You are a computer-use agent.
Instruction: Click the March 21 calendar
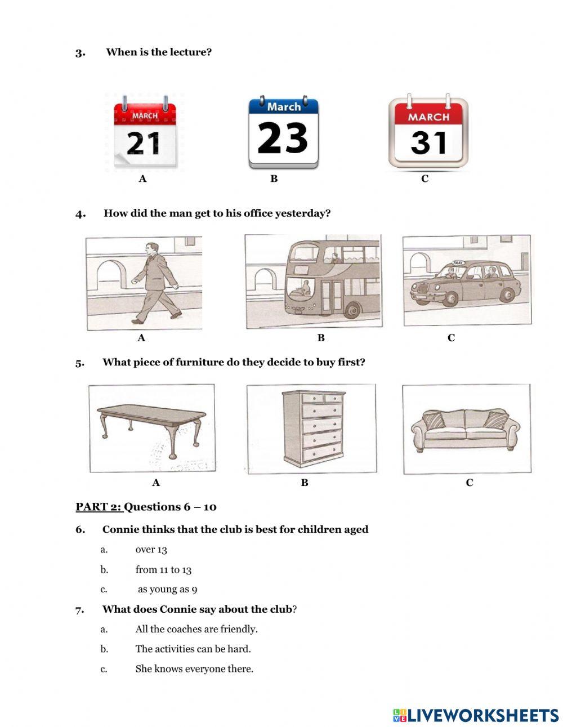coord(145,134)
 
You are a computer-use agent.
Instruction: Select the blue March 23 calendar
coord(283,133)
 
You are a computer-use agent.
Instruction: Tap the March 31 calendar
coord(428,133)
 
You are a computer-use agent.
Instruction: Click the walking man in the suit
coord(154,283)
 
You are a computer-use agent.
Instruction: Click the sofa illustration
coord(465,429)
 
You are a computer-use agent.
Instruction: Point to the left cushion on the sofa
coord(434,420)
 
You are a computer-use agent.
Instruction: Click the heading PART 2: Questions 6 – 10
coord(146,507)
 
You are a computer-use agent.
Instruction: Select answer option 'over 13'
coord(151,550)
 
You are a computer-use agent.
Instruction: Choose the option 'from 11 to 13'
coord(163,570)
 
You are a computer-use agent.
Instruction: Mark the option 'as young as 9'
coord(167,590)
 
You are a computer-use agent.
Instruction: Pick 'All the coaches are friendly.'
coord(196,629)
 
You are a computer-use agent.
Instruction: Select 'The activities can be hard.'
coord(193,649)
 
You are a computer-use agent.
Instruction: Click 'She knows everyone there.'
coord(194,669)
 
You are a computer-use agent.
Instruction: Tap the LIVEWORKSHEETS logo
coord(476,715)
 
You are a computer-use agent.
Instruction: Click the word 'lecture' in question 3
coord(189,52)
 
